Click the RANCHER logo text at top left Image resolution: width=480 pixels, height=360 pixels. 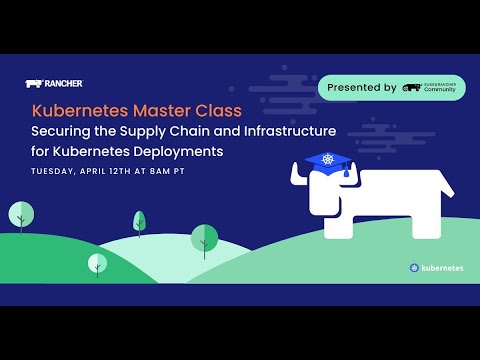pyautogui.click(x=61, y=84)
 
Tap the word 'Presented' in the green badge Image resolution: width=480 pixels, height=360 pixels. pyautogui.click(x=361, y=88)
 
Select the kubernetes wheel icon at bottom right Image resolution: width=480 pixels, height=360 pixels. pyautogui.click(x=414, y=268)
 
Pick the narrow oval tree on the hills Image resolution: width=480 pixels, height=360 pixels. pyautogui.click(x=139, y=222)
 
